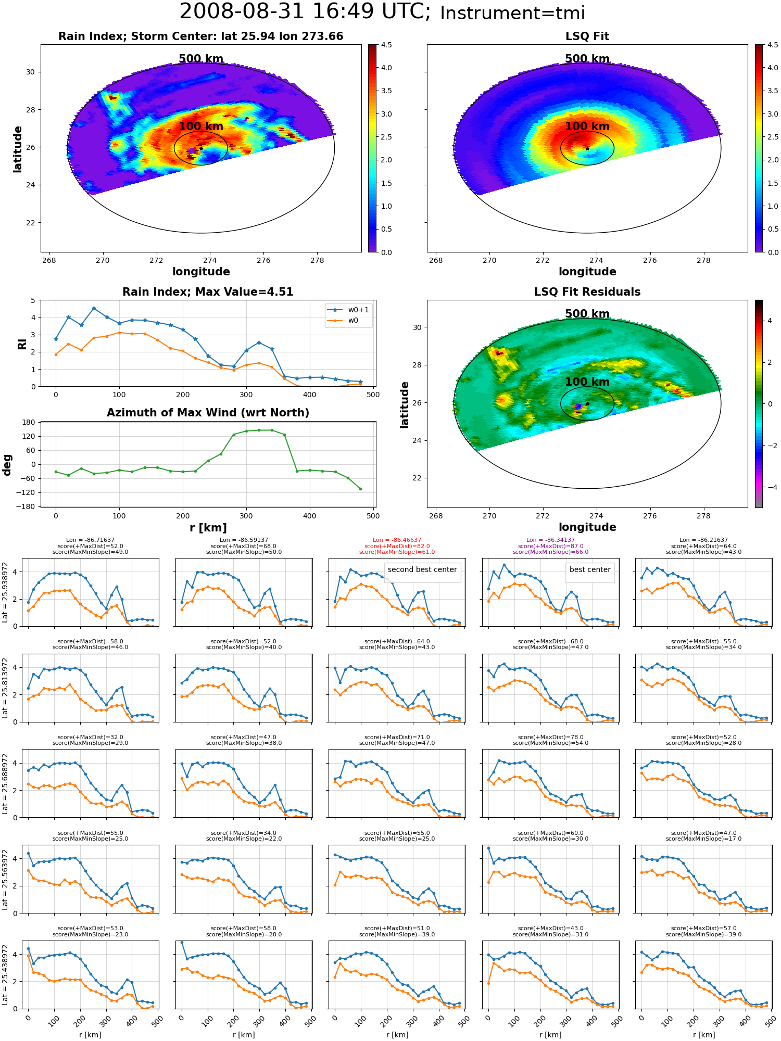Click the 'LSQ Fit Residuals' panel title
(587, 292)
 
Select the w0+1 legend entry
(348, 310)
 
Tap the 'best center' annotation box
(590, 569)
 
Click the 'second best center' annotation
(422, 569)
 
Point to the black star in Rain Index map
(201, 148)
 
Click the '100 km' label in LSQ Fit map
(587, 126)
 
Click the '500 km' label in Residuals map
(587, 314)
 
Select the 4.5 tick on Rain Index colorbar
(386, 45)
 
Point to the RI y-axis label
(22, 344)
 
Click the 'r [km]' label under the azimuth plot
(208, 528)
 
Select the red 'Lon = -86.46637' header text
(397, 540)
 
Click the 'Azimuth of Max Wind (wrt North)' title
(208, 413)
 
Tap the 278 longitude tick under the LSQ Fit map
(703, 260)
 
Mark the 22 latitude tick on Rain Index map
(30, 223)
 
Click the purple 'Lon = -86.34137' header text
(550, 540)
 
